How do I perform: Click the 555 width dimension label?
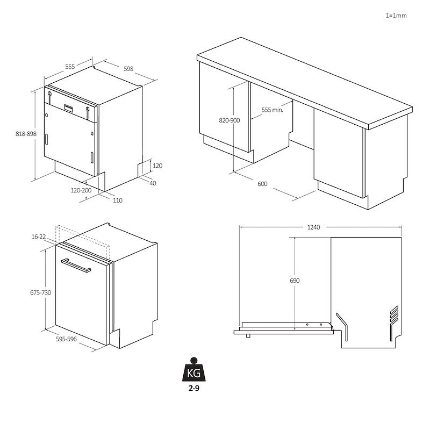pos(70,67)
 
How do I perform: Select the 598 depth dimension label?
pos(128,69)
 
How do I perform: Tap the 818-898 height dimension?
pos(26,134)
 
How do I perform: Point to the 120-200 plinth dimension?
pos(81,190)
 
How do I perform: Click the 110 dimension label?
pos(118,200)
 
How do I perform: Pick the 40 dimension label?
pos(153,183)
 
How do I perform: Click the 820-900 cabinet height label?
pos(230,120)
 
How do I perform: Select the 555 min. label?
pos(272,110)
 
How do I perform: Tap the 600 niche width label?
pos(262,184)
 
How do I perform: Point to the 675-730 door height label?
pos(41,292)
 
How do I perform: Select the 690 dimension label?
pos(295,281)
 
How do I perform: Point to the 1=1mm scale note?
pos(396,16)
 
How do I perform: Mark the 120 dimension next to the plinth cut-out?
pos(157,166)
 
